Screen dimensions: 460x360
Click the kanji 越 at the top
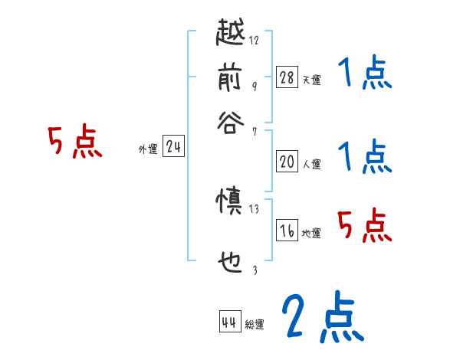(232, 35)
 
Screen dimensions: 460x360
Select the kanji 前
(232, 77)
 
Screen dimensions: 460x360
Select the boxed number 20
(287, 161)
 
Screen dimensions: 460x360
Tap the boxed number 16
(287, 231)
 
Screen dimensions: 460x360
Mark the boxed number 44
(229, 322)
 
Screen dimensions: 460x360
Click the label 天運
(311, 80)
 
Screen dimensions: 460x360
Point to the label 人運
(311, 164)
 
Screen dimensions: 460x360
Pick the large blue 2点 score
(320, 318)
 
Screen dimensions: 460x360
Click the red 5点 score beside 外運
(74, 143)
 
